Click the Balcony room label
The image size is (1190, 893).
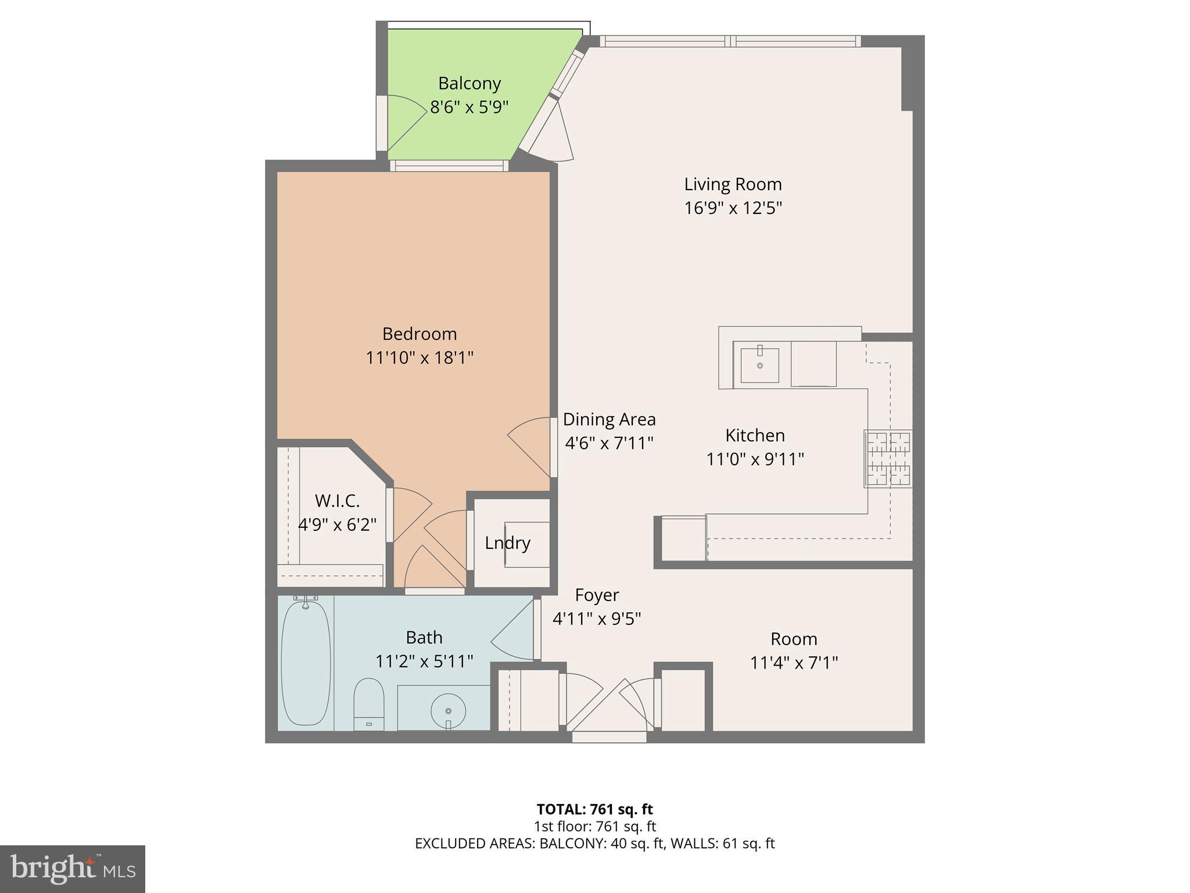point(469,84)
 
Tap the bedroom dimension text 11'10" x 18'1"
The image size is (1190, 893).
point(419,358)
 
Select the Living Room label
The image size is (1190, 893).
point(732,184)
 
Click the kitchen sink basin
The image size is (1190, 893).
point(759,366)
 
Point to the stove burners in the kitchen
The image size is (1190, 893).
point(888,459)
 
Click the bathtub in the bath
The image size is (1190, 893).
point(306,663)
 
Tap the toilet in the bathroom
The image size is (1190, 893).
point(369,704)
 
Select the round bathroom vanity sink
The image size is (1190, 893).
point(448,710)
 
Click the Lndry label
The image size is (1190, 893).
point(507,543)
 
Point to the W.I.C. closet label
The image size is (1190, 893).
point(337,501)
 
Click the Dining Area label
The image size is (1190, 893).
point(609,419)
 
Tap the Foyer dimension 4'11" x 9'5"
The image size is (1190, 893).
point(596,619)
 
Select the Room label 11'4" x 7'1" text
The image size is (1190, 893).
point(794,663)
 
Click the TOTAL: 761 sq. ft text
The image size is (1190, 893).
point(594,809)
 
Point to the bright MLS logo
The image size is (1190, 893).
point(72,869)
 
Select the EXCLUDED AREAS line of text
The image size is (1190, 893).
point(594,844)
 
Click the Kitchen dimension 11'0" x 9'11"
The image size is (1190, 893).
point(755,459)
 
